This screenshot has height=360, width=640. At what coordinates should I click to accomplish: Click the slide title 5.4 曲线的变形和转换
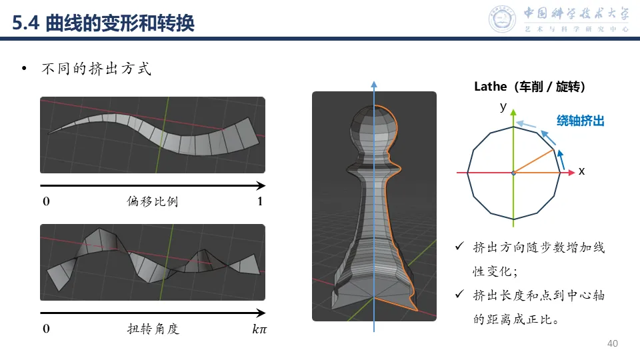104,23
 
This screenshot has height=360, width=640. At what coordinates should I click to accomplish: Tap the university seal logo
503,19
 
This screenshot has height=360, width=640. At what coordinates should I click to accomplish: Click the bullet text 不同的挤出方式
97,69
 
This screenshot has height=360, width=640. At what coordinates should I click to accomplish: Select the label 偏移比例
153,201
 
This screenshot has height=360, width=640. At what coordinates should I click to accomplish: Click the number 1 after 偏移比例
260,201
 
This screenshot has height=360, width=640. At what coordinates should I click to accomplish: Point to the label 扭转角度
153,329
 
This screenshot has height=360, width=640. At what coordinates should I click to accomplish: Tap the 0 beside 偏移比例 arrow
46,201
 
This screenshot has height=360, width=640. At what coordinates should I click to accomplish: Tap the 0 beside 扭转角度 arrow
46,329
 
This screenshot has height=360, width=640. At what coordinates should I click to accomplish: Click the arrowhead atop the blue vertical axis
374,83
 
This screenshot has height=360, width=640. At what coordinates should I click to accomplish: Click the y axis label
503,107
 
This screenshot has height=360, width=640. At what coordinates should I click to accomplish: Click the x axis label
581,171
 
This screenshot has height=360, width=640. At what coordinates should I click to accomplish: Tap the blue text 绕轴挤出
581,121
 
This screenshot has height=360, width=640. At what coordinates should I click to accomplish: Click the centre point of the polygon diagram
513,173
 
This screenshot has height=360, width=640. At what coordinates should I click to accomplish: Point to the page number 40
613,343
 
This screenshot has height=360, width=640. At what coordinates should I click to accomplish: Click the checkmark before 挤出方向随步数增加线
459,247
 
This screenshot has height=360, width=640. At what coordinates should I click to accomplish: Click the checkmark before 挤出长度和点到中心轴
459,294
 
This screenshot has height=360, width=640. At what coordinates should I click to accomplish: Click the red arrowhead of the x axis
571,173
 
